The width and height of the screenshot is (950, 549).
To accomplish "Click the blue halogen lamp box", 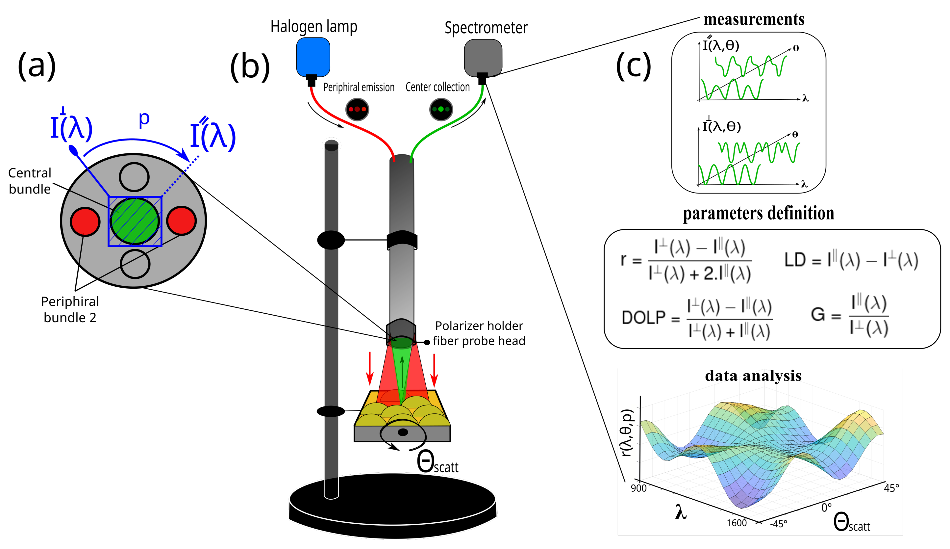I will (x=313, y=57).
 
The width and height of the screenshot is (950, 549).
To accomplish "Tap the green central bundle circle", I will (x=135, y=221).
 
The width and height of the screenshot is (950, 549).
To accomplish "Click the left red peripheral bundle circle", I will (x=85, y=221).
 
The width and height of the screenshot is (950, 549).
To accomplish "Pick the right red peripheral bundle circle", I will (x=181, y=221).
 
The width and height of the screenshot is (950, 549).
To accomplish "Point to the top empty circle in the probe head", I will (x=134, y=177).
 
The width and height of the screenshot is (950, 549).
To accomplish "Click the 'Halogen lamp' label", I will (x=313, y=27).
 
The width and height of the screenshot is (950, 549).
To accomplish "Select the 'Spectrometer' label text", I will (x=486, y=28).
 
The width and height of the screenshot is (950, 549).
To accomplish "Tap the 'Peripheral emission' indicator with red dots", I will (x=357, y=109).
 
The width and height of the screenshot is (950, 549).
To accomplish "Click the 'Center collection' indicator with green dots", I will (x=440, y=109).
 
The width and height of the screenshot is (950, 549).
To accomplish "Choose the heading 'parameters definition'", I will (x=758, y=213).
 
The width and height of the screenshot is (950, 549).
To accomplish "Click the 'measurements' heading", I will (x=754, y=19).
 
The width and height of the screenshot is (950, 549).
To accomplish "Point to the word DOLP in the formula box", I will (x=644, y=318).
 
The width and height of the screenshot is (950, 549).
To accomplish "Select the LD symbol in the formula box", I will (x=795, y=260).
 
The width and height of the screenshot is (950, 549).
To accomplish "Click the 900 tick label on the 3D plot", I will (x=638, y=488).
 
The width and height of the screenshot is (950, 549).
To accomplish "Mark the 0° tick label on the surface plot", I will (x=826, y=508).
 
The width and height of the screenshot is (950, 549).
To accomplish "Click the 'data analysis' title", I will (x=753, y=376).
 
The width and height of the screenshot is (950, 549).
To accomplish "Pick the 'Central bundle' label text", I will (x=30, y=181).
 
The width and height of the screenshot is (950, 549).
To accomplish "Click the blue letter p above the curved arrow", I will (x=144, y=119).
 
